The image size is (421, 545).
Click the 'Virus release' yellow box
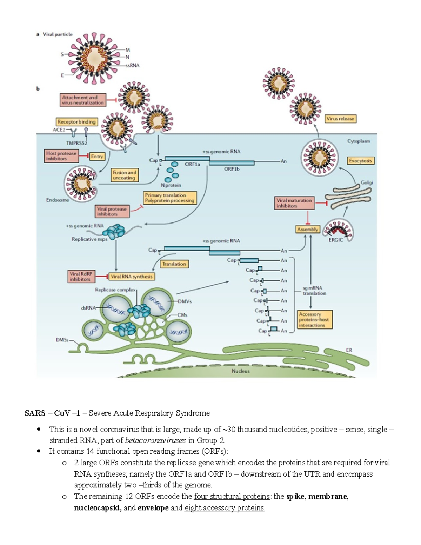[x=340, y=119]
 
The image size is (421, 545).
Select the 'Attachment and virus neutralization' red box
[x=83, y=100]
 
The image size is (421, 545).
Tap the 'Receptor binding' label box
[x=76, y=122]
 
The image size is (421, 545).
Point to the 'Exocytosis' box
[x=360, y=161]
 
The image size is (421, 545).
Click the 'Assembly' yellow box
[x=307, y=229]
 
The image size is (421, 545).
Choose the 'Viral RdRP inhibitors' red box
[x=81, y=277]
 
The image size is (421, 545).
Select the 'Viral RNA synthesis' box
[x=132, y=277]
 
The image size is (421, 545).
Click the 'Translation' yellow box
[x=174, y=264]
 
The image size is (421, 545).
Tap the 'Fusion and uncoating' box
[x=124, y=175]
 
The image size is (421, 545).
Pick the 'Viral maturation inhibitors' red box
[x=294, y=203]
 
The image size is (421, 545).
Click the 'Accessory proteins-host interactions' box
[x=314, y=320]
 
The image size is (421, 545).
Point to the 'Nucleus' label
[x=241, y=371]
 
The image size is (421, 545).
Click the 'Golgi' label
[x=367, y=182]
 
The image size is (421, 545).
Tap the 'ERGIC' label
[x=335, y=240]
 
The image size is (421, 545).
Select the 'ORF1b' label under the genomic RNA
[x=232, y=169]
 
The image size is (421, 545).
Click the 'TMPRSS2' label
[x=76, y=143]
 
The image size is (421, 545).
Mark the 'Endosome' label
[x=58, y=200]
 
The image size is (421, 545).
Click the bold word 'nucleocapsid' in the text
[x=97, y=508]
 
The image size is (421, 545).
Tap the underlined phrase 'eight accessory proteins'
[x=225, y=508]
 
